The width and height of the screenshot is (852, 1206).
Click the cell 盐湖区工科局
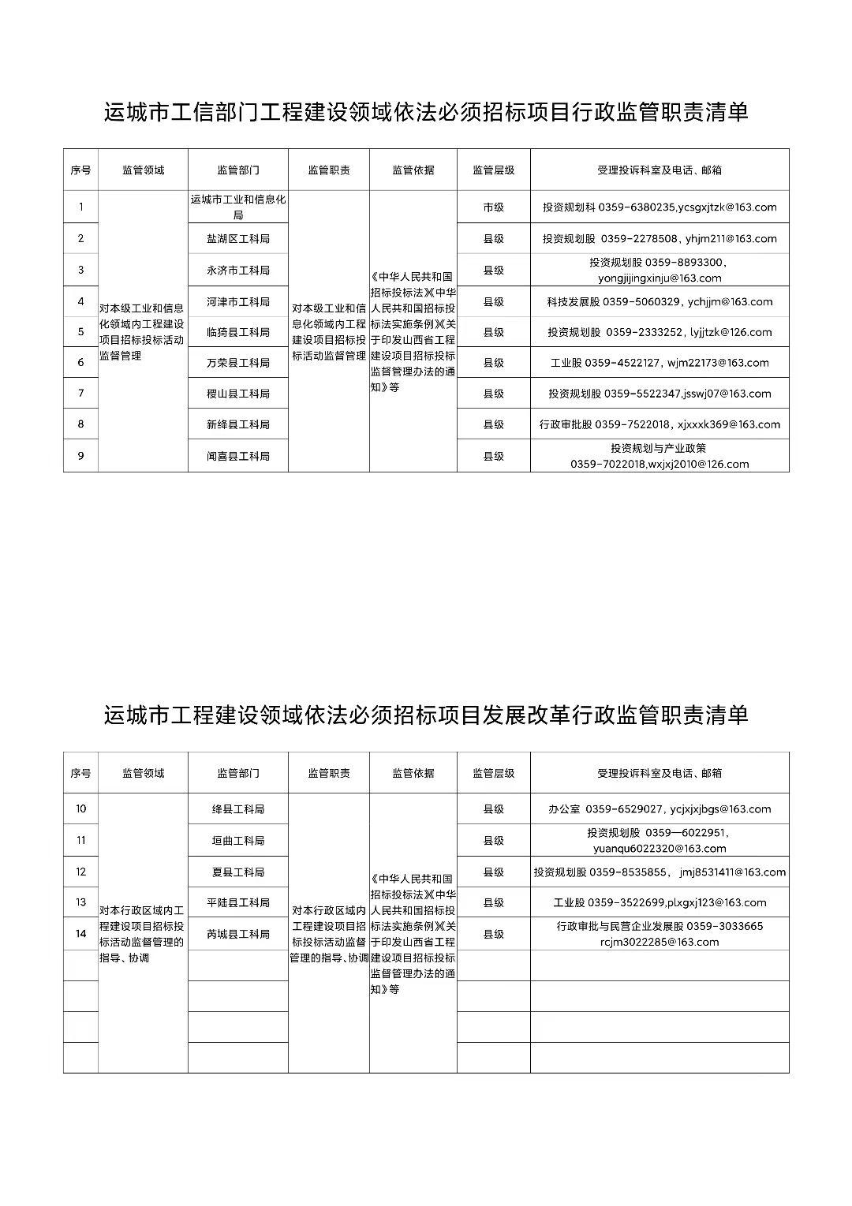(x=238, y=238)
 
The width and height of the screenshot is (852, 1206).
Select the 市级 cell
(x=493, y=207)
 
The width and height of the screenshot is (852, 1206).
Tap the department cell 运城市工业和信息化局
(x=238, y=207)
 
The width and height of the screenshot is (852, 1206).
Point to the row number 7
(x=80, y=393)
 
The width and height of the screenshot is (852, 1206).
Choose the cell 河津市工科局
(x=238, y=301)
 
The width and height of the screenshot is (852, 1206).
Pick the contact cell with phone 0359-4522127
(x=660, y=363)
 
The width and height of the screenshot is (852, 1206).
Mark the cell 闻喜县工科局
(x=238, y=456)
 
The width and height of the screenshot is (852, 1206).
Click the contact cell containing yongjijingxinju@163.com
(x=660, y=270)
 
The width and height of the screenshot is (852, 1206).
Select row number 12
(x=80, y=872)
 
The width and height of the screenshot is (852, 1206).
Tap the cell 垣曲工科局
(x=238, y=841)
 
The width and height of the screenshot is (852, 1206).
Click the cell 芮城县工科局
(x=238, y=934)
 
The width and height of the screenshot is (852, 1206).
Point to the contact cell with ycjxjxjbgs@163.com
(x=660, y=809)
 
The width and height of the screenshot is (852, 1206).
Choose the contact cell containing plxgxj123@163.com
(x=660, y=902)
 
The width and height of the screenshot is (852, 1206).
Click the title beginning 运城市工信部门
(x=426, y=113)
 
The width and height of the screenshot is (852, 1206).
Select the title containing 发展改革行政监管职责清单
(x=426, y=715)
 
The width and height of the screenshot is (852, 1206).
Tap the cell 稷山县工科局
(x=238, y=393)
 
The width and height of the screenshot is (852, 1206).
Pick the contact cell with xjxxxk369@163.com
(x=660, y=424)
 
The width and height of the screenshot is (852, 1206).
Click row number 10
(x=80, y=809)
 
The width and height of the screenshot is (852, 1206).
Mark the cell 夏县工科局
(x=238, y=872)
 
